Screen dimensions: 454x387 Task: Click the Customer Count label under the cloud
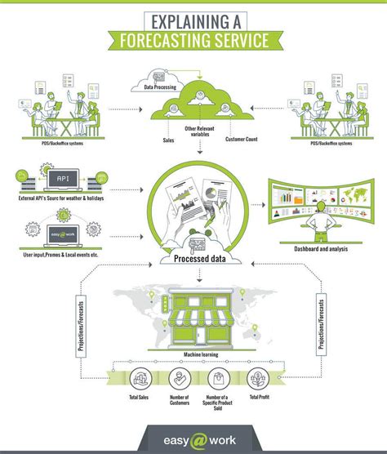(x=242, y=140)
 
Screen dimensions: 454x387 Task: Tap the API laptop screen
(x=60, y=177)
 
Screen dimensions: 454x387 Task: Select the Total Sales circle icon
(x=140, y=377)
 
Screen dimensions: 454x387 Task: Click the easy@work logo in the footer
(x=193, y=438)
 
